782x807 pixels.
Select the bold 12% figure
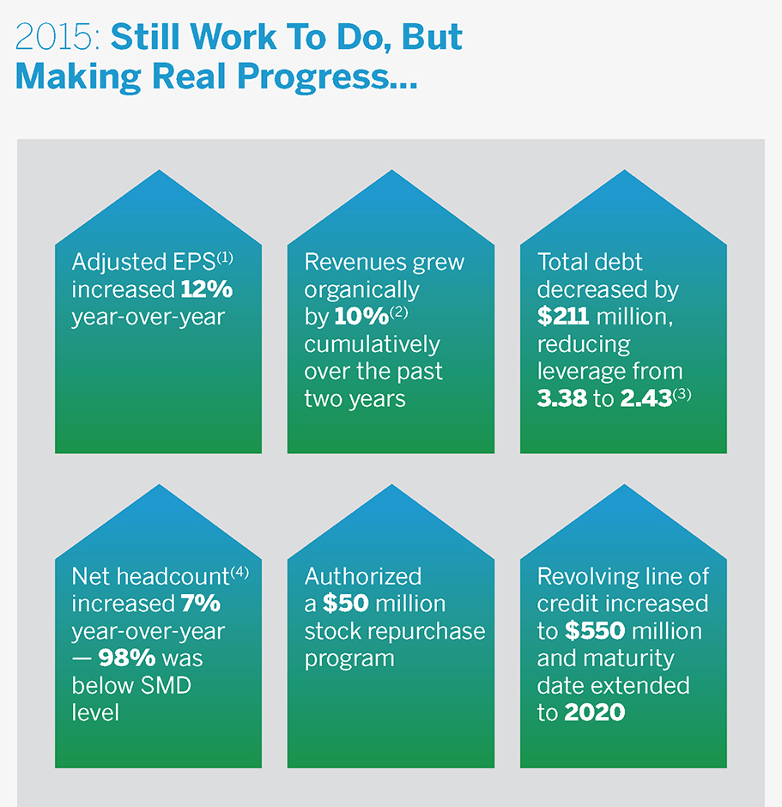click(206, 289)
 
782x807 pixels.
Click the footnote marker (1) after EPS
click(225, 257)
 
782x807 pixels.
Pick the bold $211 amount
click(563, 317)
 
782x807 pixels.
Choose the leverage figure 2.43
click(640, 399)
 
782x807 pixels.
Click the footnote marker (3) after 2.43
click(683, 394)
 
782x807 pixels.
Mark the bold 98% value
click(125, 658)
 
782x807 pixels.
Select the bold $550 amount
click(594, 631)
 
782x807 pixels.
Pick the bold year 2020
click(595, 713)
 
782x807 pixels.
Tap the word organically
click(362, 289)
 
